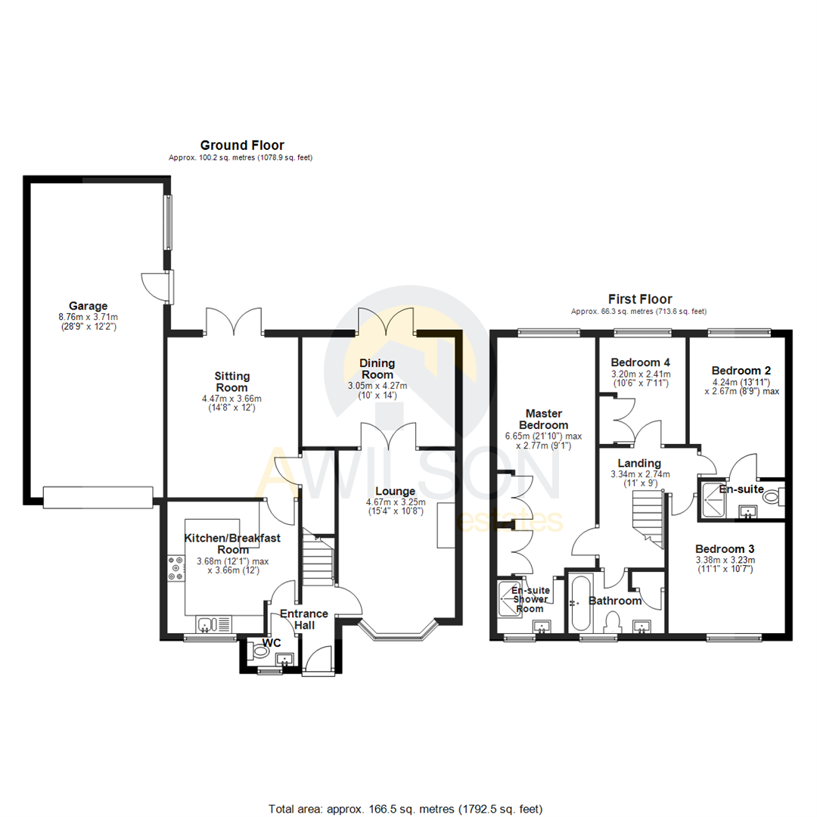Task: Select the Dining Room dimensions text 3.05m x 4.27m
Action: point(377,386)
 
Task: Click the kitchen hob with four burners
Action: point(176,569)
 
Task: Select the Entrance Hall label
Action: point(303,620)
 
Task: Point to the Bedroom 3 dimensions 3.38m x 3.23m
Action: point(725,561)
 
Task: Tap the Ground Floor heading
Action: point(241,144)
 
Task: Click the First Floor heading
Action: point(640,299)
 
